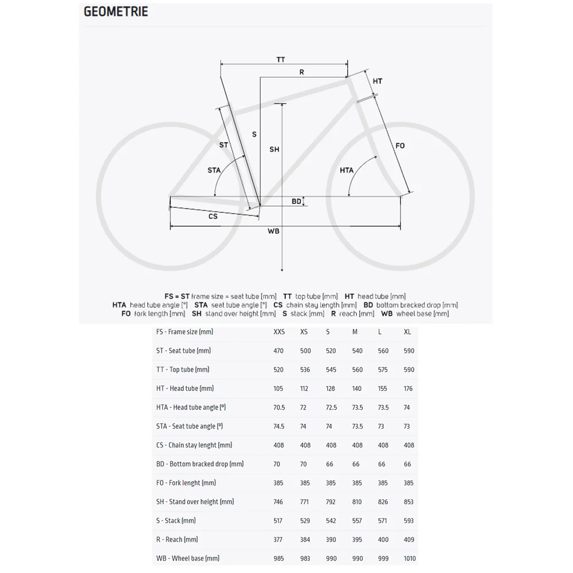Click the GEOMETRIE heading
click(116, 11)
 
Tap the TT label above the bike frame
click(281, 60)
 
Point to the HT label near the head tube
click(377, 81)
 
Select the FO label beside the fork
click(400, 146)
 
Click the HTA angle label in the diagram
click(347, 170)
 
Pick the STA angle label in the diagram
click(214, 170)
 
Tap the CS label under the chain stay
click(213, 216)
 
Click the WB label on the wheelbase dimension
click(273, 231)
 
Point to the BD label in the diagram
click(296, 201)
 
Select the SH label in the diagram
click(274, 149)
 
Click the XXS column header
click(279, 332)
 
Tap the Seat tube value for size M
click(358, 351)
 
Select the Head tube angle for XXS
click(279, 407)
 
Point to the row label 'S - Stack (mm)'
click(176, 521)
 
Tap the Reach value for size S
click(331, 540)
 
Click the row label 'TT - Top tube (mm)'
click(183, 370)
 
